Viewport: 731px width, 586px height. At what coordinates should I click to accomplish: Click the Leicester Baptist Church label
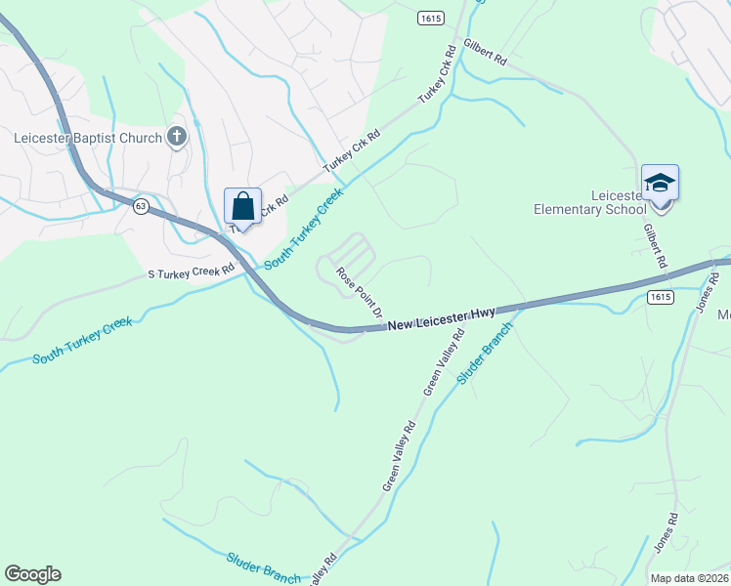click(87, 138)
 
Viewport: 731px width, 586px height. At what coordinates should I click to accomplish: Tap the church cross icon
click(177, 137)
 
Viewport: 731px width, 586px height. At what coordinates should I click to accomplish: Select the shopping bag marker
click(242, 207)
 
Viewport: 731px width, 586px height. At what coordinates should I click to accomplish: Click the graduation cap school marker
click(660, 184)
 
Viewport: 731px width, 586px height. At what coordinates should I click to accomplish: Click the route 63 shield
click(142, 206)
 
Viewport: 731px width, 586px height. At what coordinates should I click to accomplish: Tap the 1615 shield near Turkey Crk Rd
click(428, 19)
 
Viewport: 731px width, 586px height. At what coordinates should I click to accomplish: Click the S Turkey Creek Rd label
click(192, 270)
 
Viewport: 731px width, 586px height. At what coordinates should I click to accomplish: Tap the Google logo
click(32, 574)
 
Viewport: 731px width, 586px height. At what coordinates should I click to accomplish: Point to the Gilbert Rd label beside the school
click(655, 246)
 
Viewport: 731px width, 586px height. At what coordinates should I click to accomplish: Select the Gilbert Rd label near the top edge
click(486, 54)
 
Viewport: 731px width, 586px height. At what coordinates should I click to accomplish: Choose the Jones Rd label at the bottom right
click(663, 548)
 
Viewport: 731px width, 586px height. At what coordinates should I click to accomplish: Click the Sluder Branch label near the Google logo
click(263, 568)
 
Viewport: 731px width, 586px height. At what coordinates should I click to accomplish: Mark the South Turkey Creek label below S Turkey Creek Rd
click(83, 341)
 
